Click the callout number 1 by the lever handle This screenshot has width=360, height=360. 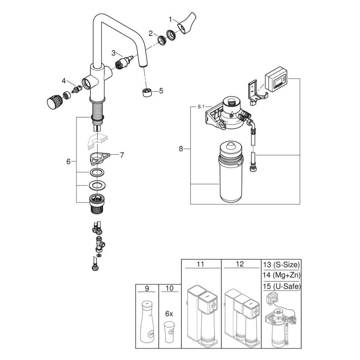pyautogui.click(x=171, y=19)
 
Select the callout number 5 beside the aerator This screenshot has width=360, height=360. pyautogui.click(x=161, y=90)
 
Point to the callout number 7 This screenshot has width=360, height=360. pyautogui.click(x=121, y=155)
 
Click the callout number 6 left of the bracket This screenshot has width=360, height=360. pyautogui.click(x=68, y=161)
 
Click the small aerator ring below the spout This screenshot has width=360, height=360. pyautogui.click(x=145, y=92)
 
